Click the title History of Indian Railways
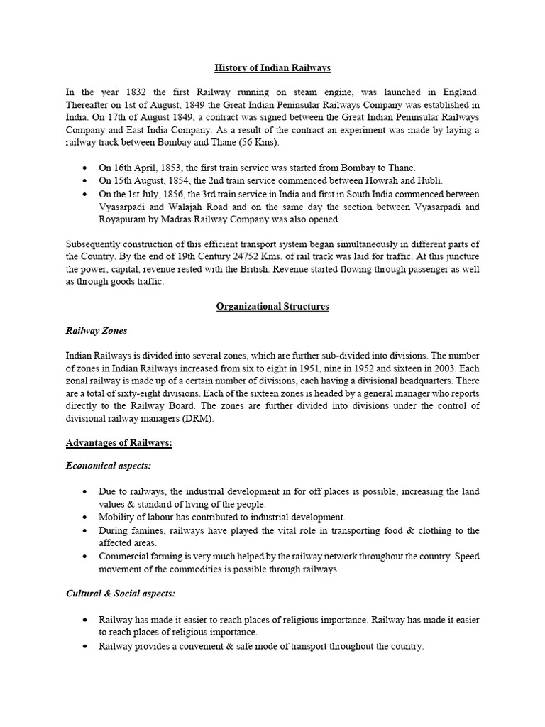point(272,68)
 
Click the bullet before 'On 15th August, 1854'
point(86,181)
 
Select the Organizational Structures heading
point(272,307)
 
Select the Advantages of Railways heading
point(119,442)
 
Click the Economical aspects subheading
point(109,466)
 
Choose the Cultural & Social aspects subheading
point(120,593)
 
